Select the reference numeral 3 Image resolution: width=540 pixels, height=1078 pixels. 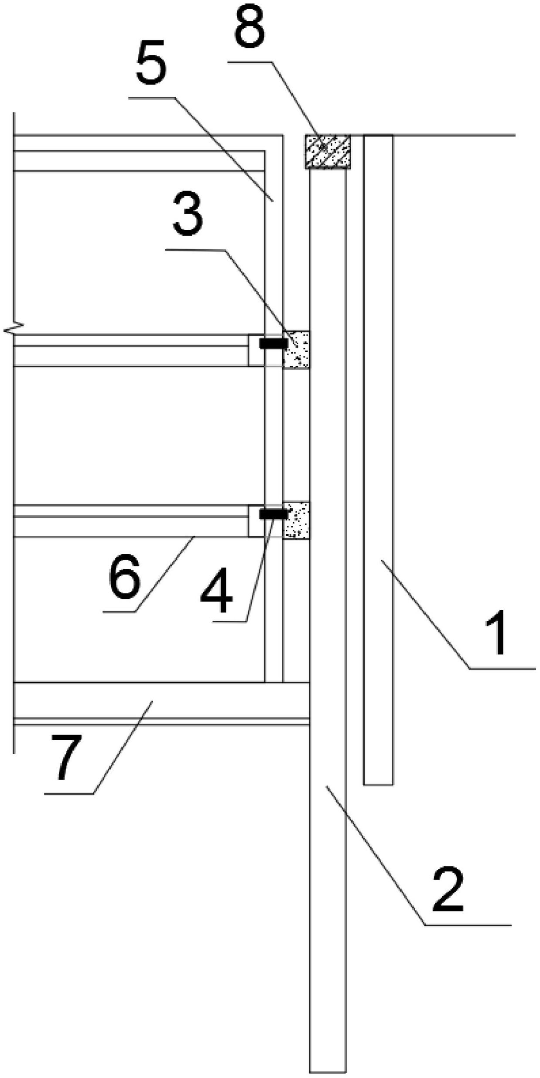point(188,214)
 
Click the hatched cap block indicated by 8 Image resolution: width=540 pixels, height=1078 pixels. point(328,151)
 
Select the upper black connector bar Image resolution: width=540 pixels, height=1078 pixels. point(273,343)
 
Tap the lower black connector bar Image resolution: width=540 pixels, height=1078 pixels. point(273,514)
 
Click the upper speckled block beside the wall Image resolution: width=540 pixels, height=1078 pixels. point(296,349)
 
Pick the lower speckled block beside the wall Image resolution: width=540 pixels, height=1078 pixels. point(296,520)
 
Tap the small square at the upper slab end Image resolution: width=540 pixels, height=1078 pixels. point(256,350)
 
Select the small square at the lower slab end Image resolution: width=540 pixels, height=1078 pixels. point(256,521)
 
